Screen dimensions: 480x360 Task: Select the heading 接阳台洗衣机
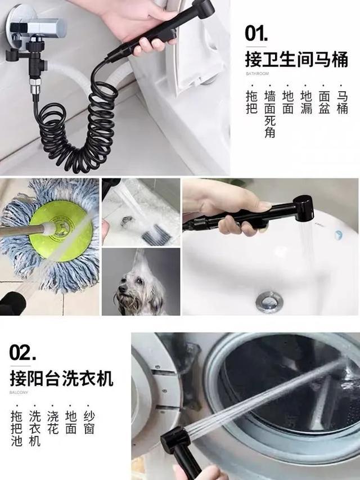(61, 378)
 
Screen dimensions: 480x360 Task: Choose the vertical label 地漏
(306, 102)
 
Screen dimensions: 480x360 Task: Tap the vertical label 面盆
(324, 102)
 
